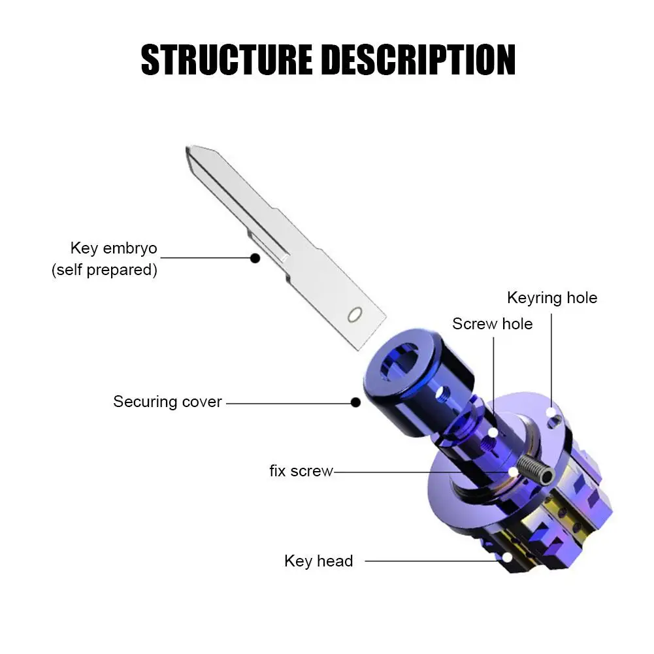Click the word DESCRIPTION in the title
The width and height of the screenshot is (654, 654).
(418, 60)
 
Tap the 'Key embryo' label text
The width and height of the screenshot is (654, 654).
(114, 248)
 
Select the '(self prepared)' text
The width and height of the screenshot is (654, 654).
(105, 270)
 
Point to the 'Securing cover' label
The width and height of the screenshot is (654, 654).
(167, 401)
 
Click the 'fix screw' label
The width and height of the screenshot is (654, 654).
(301, 470)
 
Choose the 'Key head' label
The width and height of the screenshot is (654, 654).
(318, 561)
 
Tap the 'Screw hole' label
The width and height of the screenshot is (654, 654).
(492, 323)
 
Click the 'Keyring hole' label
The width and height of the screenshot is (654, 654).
(552, 298)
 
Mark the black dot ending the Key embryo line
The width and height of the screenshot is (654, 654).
(255, 258)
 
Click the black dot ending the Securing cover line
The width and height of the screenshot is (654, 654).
(355, 402)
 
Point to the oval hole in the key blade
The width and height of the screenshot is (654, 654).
(355, 314)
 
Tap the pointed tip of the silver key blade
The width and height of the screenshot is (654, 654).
(191, 149)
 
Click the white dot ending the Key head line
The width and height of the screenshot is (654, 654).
(507, 559)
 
